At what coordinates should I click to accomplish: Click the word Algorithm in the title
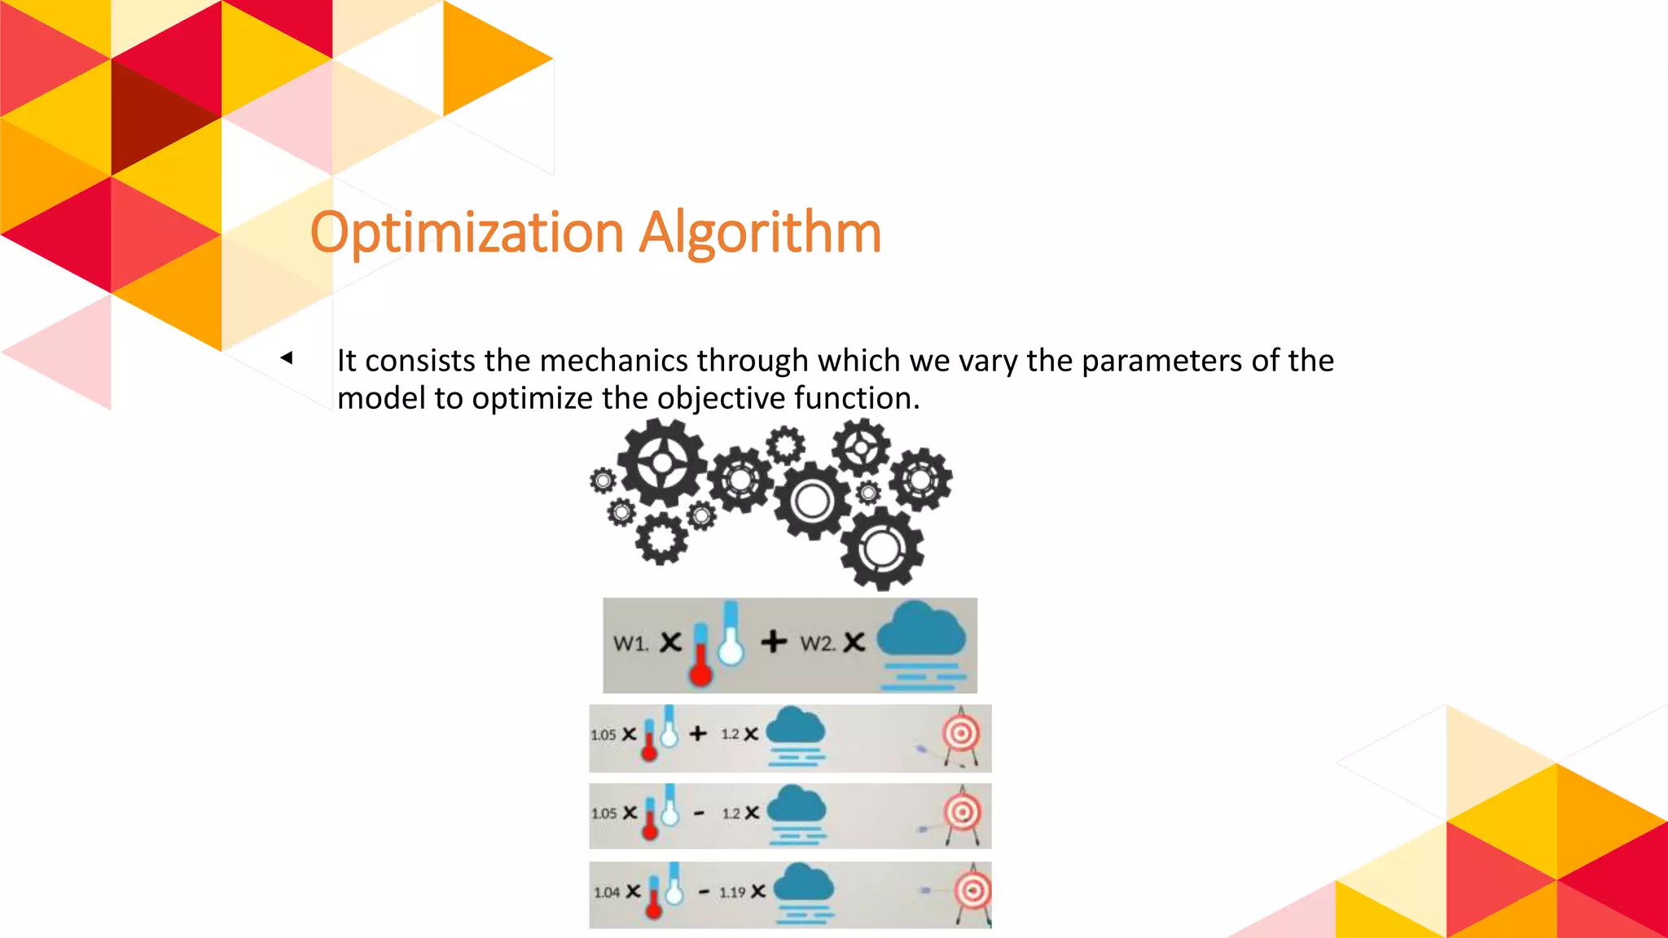pyautogui.click(x=760, y=234)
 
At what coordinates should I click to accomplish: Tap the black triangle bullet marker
pyautogui.click(x=286, y=357)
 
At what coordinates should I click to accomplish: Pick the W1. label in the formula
pyautogui.click(x=630, y=643)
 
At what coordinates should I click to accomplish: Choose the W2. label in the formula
pyautogui.click(x=817, y=643)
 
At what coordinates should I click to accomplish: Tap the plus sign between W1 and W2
pyautogui.click(x=774, y=642)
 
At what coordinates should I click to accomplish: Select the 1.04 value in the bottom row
pyautogui.click(x=607, y=892)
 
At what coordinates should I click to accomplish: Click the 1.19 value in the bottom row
pyautogui.click(x=731, y=892)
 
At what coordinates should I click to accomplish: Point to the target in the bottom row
pyautogui.click(x=972, y=891)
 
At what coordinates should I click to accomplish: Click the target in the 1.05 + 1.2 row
pyautogui.click(x=961, y=734)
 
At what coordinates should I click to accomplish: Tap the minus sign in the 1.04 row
pyautogui.click(x=704, y=892)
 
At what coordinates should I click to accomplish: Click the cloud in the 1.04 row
pyautogui.click(x=804, y=883)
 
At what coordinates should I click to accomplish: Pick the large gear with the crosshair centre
pyautogui.click(x=662, y=462)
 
